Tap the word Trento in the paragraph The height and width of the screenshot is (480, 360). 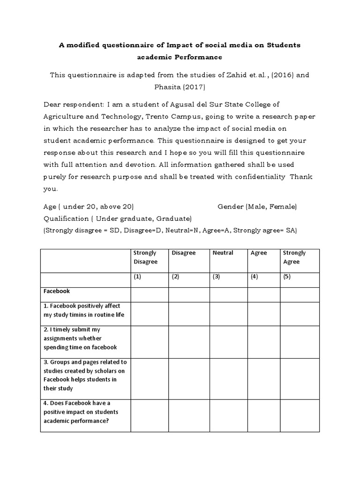click(149, 116)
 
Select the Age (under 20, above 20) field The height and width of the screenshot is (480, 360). click(89, 206)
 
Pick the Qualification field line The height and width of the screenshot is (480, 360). click(118, 218)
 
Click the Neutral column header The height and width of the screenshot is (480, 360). click(223, 253)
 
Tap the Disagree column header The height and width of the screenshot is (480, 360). click(183, 253)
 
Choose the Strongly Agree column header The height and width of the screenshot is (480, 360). click(294, 257)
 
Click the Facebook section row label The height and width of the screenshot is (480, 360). click(57, 291)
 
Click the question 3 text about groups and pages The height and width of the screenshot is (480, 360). click(85, 375)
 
